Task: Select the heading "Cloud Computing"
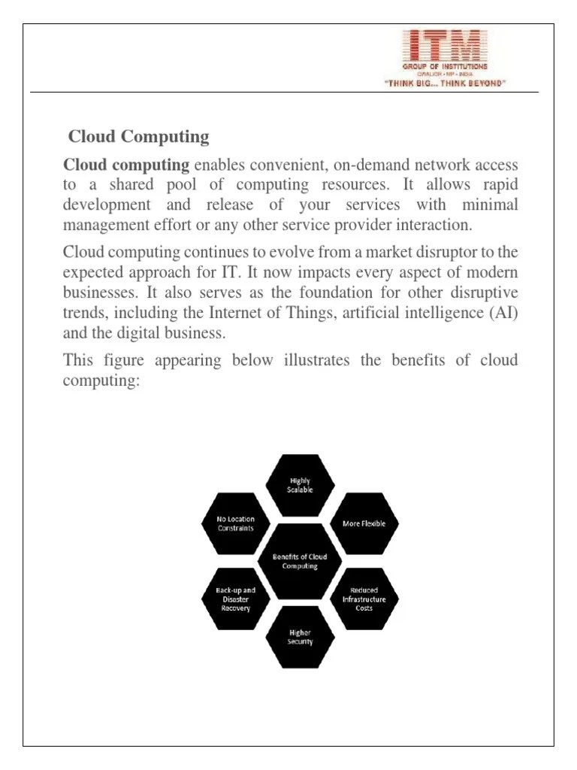[x=139, y=137]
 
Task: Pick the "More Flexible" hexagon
[x=364, y=523]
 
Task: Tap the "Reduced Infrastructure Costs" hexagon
[x=364, y=599]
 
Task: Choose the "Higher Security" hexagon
[x=300, y=638]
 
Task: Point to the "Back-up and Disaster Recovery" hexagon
[x=236, y=599]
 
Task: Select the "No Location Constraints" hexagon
[x=236, y=523]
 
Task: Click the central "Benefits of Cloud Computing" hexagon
[x=300, y=561]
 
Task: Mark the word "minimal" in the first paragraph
[x=488, y=205]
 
